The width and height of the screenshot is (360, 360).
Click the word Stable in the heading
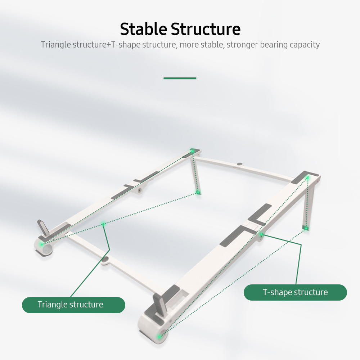tap(143, 29)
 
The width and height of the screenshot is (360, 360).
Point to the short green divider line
tap(180, 78)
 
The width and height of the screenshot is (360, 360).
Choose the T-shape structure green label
tap(295, 292)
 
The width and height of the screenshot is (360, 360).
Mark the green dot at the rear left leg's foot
tap(198, 193)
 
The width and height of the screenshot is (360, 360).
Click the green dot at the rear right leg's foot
tap(305, 228)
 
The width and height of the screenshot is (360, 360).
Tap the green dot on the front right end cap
tap(159, 337)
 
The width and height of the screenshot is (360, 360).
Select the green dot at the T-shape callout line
tap(262, 235)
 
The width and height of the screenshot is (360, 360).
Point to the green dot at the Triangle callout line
tap(103, 224)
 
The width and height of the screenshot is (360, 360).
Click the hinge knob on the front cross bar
tap(106, 260)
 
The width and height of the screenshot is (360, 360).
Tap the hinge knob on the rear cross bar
tap(240, 164)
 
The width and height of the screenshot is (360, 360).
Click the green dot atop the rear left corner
tap(192, 151)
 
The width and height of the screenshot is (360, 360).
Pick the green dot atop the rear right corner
tap(307, 177)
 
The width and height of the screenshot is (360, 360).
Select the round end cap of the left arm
tap(44, 248)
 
